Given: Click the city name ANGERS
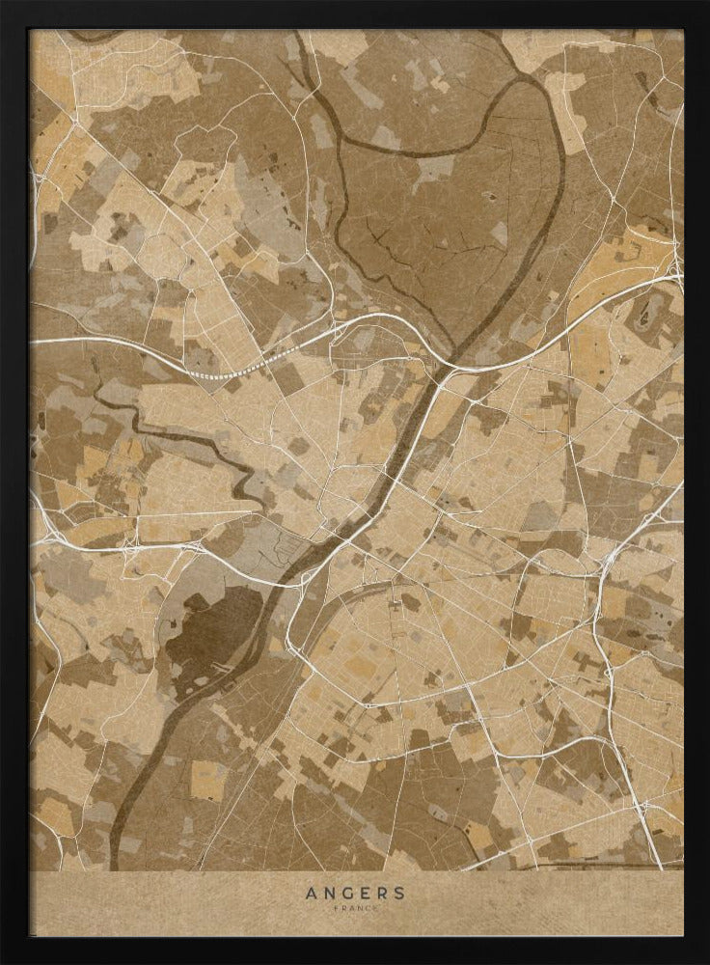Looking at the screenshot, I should tap(355, 893).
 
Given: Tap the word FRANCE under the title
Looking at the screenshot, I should tap(355, 909).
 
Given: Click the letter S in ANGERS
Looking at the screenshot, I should tap(399, 893).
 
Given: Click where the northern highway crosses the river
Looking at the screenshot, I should tap(450, 366).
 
